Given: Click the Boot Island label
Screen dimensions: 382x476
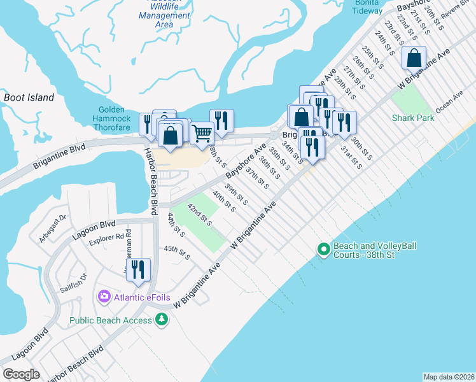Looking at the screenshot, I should pyautogui.click(x=29, y=98).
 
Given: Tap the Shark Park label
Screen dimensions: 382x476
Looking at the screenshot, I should pyautogui.click(x=413, y=118).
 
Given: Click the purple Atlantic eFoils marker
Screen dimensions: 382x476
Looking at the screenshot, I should pyautogui.click(x=104, y=297).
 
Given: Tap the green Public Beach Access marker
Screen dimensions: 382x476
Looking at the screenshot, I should pyautogui.click(x=162, y=319).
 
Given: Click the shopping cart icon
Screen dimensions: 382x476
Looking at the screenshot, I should pyautogui.click(x=202, y=133).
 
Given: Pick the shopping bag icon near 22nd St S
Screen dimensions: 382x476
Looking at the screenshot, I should pyautogui.click(x=414, y=59).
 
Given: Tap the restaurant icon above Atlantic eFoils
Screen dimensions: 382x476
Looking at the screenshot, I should pyautogui.click(x=137, y=270).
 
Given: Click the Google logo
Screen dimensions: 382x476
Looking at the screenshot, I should pyautogui.click(x=21, y=374).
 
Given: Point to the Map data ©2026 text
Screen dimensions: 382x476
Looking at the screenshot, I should pyautogui.click(x=449, y=377).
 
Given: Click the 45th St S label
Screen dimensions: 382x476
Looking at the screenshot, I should pyautogui.click(x=177, y=252).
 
